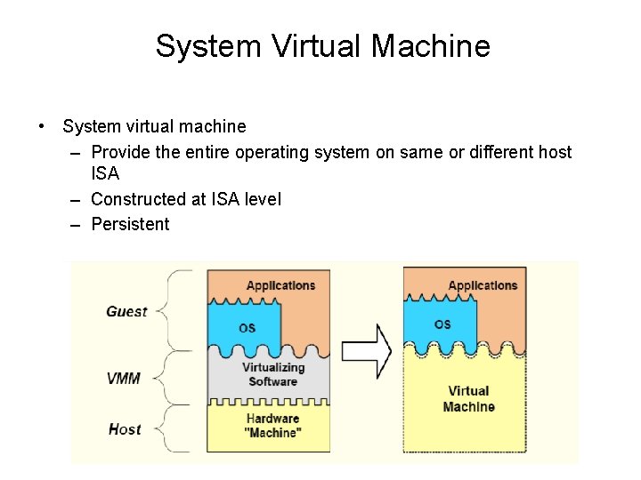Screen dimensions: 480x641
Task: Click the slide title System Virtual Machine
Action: pyautogui.click(x=322, y=46)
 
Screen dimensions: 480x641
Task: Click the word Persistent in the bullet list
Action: pyautogui.click(x=130, y=224)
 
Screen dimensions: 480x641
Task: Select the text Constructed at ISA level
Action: pyautogui.click(x=185, y=199)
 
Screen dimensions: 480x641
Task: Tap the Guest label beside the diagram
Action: pyautogui.click(x=126, y=311)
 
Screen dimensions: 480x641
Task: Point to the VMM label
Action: pyautogui.click(x=124, y=378)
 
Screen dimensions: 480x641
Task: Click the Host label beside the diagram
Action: pyautogui.click(x=125, y=429)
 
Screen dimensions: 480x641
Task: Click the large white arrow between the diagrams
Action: pyautogui.click(x=366, y=349)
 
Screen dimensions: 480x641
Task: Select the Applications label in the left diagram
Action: pyautogui.click(x=280, y=285)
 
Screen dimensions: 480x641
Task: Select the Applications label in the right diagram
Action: pyautogui.click(x=482, y=285)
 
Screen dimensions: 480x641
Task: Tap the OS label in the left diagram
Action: pyautogui.click(x=247, y=328)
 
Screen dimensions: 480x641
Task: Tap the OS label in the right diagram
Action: pyautogui.click(x=442, y=324)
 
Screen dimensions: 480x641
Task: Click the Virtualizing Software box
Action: pyautogui.click(x=273, y=374)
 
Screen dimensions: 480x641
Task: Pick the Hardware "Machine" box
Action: pyautogui.click(x=272, y=426)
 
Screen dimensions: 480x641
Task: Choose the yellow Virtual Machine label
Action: pyautogui.click(x=468, y=399)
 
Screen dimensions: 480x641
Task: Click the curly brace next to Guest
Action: pyautogui.click(x=178, y=311)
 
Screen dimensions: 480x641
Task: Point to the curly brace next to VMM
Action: pyautogui.click(x=178, y=378)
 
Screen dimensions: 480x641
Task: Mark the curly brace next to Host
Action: pyautogui.click(x=178, y=429)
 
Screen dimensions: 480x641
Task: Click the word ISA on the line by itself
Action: pyautogui.click(x=105, y=174)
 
